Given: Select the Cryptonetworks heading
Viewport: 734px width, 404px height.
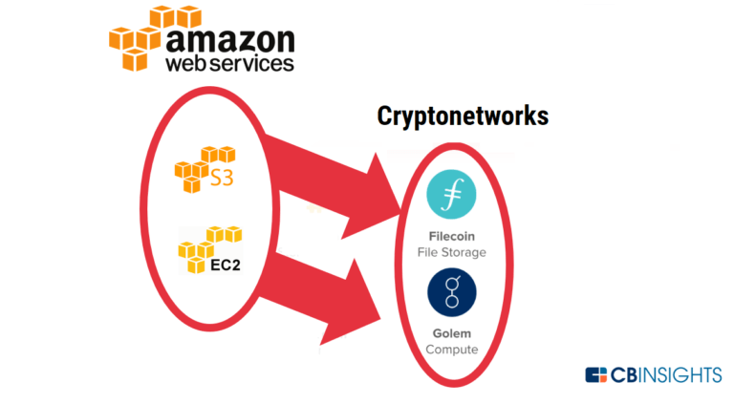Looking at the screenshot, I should point(463,117).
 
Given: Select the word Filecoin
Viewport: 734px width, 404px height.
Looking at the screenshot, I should point(452,235).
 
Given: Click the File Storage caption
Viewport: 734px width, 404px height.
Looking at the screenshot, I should point(452,252).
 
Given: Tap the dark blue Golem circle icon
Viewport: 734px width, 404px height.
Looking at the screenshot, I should point(452,292).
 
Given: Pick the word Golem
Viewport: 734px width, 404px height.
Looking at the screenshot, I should point(452,333).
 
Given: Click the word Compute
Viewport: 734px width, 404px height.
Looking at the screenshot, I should point(452,351).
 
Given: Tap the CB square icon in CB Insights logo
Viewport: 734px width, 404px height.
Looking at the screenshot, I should point(597,374).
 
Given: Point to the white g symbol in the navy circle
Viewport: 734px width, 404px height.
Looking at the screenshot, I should point(452,292).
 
